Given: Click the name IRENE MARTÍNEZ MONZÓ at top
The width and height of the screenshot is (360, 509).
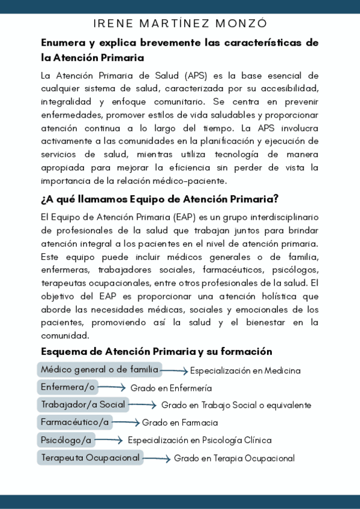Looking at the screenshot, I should (x=180, y=23).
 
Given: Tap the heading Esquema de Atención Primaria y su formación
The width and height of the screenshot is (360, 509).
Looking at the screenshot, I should (x=157, y=352).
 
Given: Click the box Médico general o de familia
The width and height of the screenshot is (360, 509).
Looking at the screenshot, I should (x=100, y=369).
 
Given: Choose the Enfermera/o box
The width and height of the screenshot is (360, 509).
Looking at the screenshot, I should (x=68, y=387).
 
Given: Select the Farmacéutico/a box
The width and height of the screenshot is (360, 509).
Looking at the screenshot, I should (x=76, y=422).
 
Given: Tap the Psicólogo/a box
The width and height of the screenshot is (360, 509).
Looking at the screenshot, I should (x=66, y=440).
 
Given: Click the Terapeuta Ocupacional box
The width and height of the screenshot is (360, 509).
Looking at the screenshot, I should (x=91, y=458).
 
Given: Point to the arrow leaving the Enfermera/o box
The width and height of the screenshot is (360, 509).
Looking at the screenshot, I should (x=112, y=388).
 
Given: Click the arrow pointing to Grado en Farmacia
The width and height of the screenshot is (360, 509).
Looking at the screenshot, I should (x=125, y=423).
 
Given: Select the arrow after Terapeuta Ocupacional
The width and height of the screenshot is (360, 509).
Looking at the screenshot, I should (x=157, y=459).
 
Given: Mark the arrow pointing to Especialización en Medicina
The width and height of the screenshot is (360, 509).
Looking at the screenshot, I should (x=175, y=371).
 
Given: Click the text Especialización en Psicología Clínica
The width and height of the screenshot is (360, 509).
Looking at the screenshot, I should (x=200, y=440).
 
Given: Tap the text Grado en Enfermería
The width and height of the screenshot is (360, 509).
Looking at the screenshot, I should (x=171, y=388).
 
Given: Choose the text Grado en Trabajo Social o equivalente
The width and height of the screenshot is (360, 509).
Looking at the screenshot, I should (x=236, y=405).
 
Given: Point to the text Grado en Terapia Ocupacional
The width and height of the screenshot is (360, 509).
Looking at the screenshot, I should (x=235, y=459).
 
